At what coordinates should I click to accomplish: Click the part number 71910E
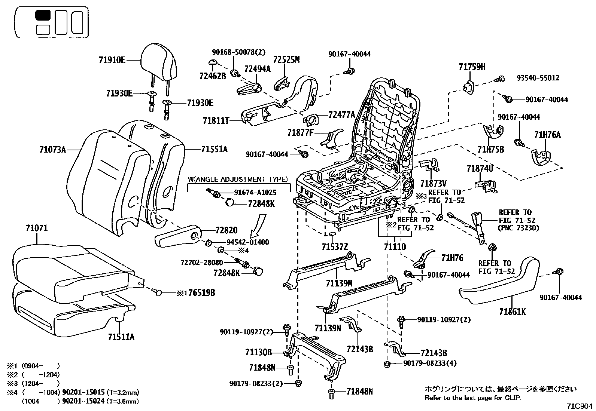tap(112, 60)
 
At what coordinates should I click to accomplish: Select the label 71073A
tap(52, 150)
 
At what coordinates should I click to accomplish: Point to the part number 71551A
tap(214, 150)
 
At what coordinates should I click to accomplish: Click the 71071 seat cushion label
tap(37, 228)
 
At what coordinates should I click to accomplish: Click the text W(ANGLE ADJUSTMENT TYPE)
tap(238, 180)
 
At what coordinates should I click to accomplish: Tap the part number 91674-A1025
tap(255, 193)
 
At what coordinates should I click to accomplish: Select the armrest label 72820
tap(226, 230)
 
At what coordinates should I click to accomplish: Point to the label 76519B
tap(201, 293)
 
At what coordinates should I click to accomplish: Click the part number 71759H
tap(472, 67)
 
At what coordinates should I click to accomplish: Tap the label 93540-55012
tap(538, 78)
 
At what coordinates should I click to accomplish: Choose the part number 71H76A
tap(547, 135)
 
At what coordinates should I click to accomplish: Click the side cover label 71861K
tap(512, 311)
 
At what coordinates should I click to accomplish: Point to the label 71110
tap(395, 247)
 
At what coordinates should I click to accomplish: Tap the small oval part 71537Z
tap(332, 234)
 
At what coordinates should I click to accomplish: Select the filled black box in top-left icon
tap(43, 15)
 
